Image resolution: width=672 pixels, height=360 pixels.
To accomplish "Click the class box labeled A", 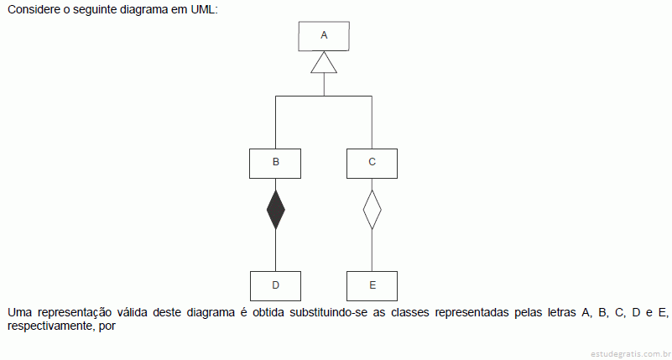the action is [324, 36].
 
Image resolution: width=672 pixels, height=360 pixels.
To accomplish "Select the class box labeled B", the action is [275, 164].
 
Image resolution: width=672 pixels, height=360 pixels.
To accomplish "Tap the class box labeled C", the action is [372, 164].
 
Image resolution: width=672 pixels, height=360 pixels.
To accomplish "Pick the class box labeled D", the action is [275, 286].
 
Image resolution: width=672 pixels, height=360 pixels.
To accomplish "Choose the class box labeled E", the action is [372, 286].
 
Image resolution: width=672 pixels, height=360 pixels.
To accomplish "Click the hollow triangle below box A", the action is [324, 62].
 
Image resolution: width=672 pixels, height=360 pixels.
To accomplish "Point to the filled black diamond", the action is [275, 210].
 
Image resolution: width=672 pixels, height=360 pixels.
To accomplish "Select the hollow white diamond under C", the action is [372, 210].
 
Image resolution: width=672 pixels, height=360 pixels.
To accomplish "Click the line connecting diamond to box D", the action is [275, 250].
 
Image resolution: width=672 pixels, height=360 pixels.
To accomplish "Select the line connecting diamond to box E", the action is [372, 250].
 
